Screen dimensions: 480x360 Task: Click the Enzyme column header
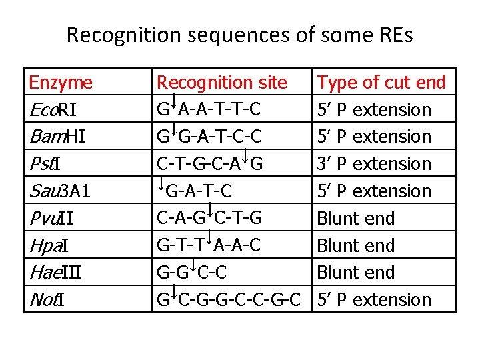tap(61, 83)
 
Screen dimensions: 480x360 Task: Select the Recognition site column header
tap(222, 83)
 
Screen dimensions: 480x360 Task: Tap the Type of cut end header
tap(381, 83)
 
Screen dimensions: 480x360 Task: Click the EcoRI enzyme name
tap(53, 109)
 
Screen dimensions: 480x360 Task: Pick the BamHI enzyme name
tap(57, 137)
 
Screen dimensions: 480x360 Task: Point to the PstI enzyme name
tap(45, 164)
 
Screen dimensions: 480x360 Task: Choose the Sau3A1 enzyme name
tap(60, 191)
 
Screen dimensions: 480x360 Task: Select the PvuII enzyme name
tap(51, 219)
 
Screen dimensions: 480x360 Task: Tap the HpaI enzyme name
tap(49, 246)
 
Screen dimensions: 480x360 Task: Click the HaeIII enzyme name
tap(56, 273)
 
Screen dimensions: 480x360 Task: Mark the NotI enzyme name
tap(47, 300)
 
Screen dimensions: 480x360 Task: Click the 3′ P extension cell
tap(374, 164)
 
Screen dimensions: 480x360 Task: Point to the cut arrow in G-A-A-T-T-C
tap(173, 101)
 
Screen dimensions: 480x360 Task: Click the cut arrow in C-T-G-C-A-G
tap(245, 156)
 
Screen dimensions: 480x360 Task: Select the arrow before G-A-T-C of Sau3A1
tap(161, 183)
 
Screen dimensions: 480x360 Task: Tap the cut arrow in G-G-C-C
tap(193, 265)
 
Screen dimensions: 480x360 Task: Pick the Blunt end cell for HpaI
tap(356, 245)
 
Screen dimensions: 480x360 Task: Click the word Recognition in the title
tap(124, 35)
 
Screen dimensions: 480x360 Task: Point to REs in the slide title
tap(397, 35)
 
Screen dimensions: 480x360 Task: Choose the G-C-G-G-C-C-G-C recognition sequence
tap(229, 299)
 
